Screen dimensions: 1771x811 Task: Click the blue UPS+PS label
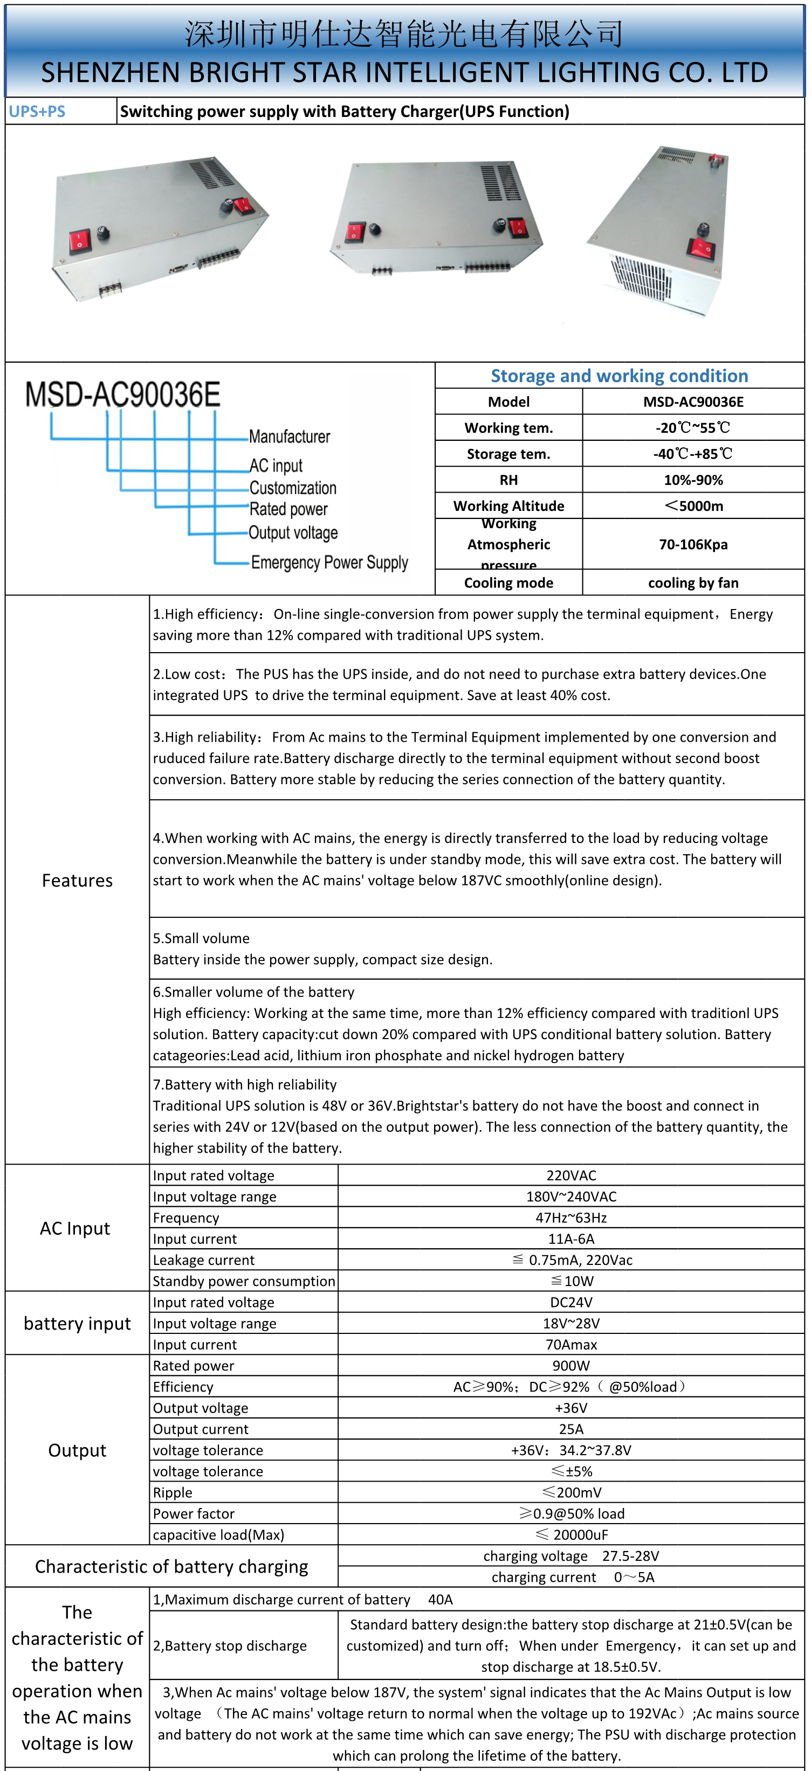click(x=37, y=112)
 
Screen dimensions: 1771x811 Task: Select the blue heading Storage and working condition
click(x=619, y=376)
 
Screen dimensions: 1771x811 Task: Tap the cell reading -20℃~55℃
click(x=693, y=427)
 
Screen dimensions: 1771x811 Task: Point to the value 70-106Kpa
click(x=693, y=544)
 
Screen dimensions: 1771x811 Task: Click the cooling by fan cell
click(x=693, y=583)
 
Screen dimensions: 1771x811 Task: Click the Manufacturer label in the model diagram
click(x=289, y=437)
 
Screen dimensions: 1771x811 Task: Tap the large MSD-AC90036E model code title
click(x=123, y=395)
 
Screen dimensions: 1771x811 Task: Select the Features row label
click(x=77, y=881)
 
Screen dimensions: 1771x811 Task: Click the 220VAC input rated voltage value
click(x=571, y=1175)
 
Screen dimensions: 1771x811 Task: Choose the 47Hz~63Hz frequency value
click(x=571, y=1217)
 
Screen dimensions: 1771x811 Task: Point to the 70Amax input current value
click(x=571, y=1344)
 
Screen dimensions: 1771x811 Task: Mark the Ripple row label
click(x=173, y=1492)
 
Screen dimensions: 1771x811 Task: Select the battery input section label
click(x=77, y=1324)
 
